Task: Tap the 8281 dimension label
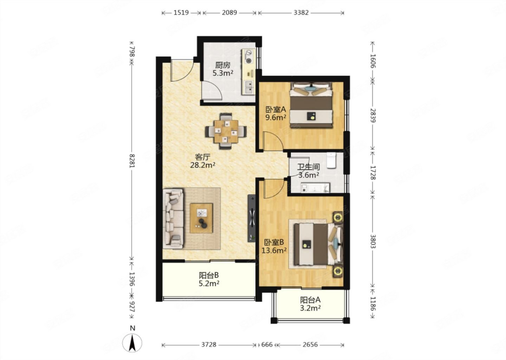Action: (132, 161)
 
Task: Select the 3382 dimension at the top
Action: (301, 13)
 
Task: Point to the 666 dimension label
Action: (267, 345)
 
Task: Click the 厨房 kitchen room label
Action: (222, 65)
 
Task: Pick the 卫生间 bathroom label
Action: (309, 167)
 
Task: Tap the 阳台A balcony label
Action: (310, 300)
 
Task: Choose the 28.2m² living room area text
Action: (202, 165)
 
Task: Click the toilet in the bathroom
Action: (331, 160)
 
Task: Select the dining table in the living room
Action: (226, 131)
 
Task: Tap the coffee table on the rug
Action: (201, 218)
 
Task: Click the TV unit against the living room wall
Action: (252, 218)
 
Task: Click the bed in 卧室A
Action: (311, 105)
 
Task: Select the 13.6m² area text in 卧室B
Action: (274, 250)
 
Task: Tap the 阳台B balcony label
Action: (209, 275)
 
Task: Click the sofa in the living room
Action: (174, 219)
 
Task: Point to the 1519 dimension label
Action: (181, 13)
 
